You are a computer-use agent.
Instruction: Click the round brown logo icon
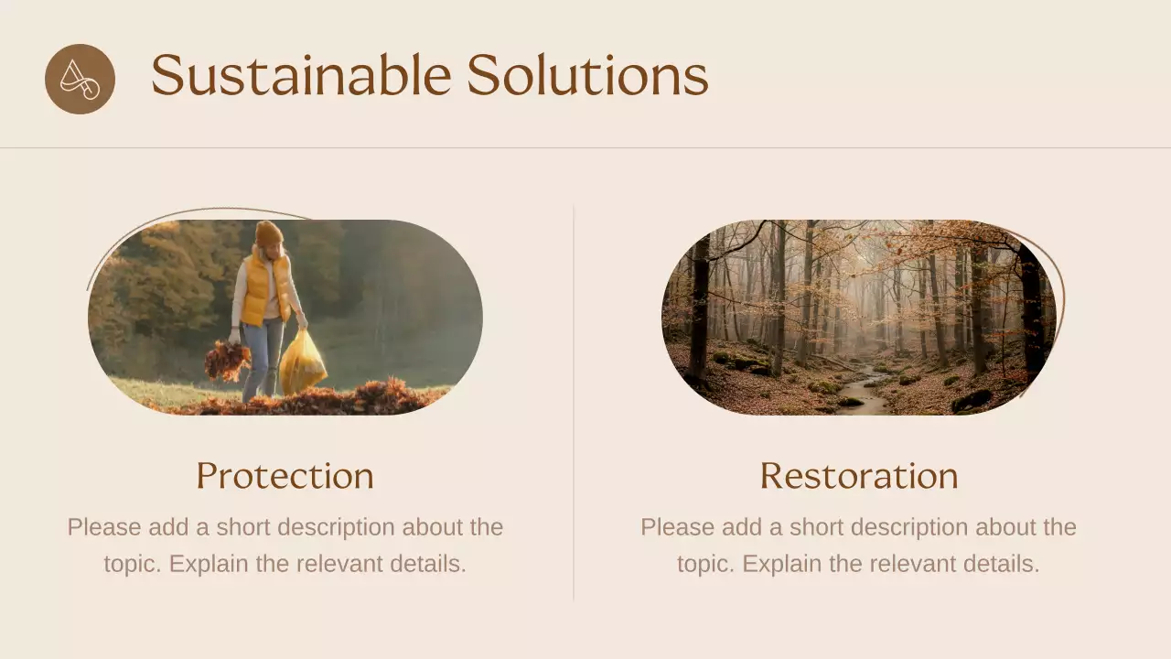[x=80, y=79]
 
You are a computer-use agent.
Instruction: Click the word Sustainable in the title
[x=300, y=75]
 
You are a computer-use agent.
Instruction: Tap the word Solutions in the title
[x=587, y=75]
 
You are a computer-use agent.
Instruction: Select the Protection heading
[x=285, y=476]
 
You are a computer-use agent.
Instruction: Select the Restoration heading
[x=858, y=476]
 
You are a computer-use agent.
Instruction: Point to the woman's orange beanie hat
[x=268, y=233]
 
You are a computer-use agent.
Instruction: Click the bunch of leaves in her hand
[x=227, y=359]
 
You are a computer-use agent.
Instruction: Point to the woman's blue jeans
[x=263, y=357]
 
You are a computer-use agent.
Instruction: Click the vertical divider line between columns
[x=574, y=403]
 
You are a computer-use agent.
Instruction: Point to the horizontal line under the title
[x=585, y=147]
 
